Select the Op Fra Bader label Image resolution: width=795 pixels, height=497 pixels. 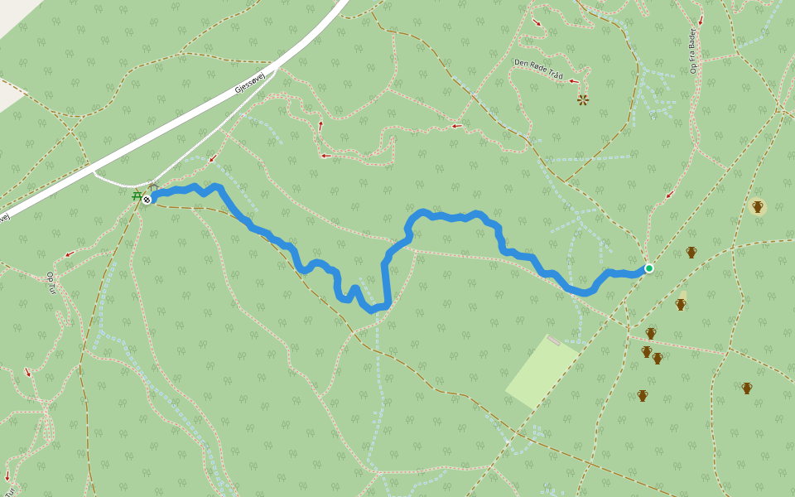click(693, 51)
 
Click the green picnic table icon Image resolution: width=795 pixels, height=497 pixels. click(136, 196)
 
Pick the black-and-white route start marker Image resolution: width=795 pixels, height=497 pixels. click(147, 200)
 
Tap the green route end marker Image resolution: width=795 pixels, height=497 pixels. click(649, 268)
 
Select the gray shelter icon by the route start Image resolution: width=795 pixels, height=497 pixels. click(152, 188)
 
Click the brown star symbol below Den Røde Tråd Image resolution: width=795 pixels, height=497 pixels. click(583, 100)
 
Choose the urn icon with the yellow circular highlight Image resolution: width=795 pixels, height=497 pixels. click(757, 206)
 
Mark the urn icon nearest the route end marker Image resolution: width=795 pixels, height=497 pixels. click(691, 252)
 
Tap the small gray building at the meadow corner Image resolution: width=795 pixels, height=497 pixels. click(552, 340)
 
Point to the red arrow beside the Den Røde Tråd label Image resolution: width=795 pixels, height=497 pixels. click(573, 80)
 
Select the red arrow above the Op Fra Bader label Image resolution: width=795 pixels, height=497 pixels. click(701, 21)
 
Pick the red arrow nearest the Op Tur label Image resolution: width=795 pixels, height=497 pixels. click(70, 253)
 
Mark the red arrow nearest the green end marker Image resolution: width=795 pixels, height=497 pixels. click(670, 195)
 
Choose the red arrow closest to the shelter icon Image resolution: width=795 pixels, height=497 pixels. click(212, 158)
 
